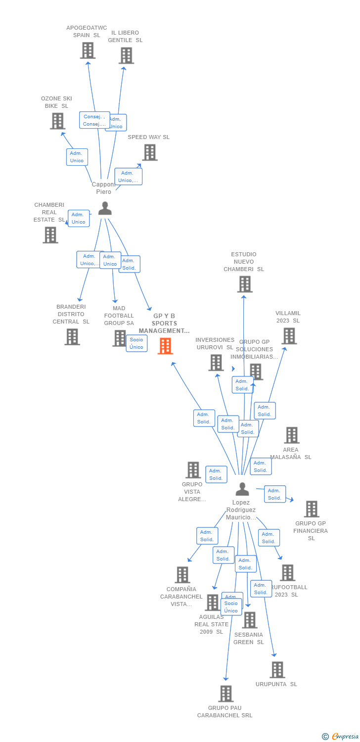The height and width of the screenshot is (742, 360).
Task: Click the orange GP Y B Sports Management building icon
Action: click(x=165, y=346)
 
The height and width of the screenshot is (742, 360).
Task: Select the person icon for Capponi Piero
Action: click(x=105, y=208)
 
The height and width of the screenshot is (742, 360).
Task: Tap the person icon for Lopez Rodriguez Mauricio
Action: click(x=242, y=489)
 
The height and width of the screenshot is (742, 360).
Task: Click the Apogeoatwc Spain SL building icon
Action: click(x=88, y=50)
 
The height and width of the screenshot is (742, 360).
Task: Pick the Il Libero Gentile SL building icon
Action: click(x=126, y=55)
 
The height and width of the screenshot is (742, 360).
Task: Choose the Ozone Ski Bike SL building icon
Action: click(x=57, y=121)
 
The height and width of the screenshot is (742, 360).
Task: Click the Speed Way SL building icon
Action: click(x=150, y=152)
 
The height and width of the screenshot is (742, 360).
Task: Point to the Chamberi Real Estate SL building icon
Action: click(x=50, y=235)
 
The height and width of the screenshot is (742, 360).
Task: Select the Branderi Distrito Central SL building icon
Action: click(x=72, y=337)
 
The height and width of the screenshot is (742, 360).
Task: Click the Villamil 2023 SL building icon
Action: click(x=289, y=336)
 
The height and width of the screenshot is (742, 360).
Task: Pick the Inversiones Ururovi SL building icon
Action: click(x=216, y=363)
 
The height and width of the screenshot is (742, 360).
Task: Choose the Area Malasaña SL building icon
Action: click(x=292, y=435)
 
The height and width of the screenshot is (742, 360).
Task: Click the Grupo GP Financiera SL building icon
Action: click(x=312, y=509)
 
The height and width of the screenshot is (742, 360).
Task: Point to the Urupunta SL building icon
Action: click(x=277, y=670)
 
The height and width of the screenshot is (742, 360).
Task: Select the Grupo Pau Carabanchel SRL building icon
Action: click(x=225, y=694)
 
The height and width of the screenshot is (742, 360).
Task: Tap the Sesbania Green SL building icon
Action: click(x=250, y=620)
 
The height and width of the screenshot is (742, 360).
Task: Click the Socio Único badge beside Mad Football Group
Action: click(x=136, y=343)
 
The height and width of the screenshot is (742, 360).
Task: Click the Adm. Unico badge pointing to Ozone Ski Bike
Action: click(x=77, y=157)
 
